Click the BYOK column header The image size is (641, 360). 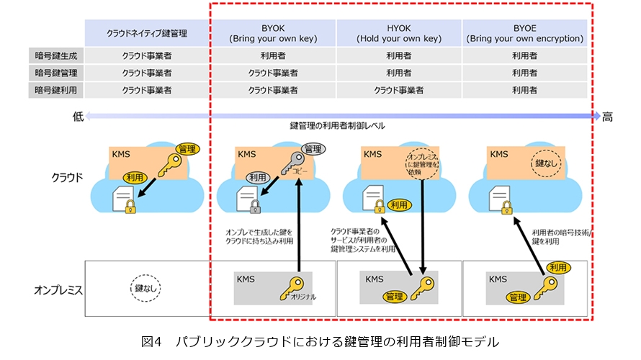(273, 32)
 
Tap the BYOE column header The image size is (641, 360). (524, 32)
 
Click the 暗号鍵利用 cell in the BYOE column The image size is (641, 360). (524, 91)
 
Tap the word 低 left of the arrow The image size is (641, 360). (78, 116)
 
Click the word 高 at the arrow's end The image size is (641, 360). (608, 116)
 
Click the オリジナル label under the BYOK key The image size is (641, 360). (302, 296)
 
